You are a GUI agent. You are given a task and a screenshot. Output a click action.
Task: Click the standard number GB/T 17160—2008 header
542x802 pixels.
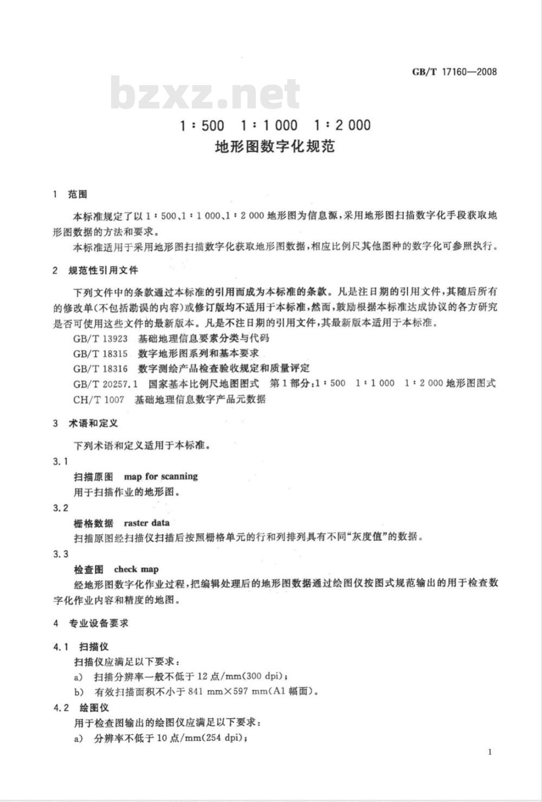point(454,72)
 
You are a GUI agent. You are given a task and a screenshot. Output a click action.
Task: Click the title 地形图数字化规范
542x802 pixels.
point(275,146)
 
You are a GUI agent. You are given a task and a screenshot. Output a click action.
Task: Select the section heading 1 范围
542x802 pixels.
point(70,194)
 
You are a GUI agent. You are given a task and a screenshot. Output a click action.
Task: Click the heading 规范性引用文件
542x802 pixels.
point(103,270)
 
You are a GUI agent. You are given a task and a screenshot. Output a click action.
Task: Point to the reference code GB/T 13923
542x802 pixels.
point(100,338)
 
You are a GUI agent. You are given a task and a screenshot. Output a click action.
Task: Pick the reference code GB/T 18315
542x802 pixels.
point(100,354)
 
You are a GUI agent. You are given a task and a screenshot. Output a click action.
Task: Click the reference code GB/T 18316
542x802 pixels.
point(100,369)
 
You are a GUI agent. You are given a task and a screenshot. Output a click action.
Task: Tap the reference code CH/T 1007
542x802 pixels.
point(98,400)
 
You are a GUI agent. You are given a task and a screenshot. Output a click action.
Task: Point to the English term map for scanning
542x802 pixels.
point(161,477)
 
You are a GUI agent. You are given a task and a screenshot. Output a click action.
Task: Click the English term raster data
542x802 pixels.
point(146,523)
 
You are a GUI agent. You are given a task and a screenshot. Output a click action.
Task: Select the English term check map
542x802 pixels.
point(136,569)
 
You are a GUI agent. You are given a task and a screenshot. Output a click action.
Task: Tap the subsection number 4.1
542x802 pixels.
point(61,647)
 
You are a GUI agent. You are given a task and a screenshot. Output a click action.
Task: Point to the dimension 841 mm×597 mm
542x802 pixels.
point(232,691)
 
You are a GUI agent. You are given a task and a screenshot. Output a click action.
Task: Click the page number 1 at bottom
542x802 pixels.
point(490,752)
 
